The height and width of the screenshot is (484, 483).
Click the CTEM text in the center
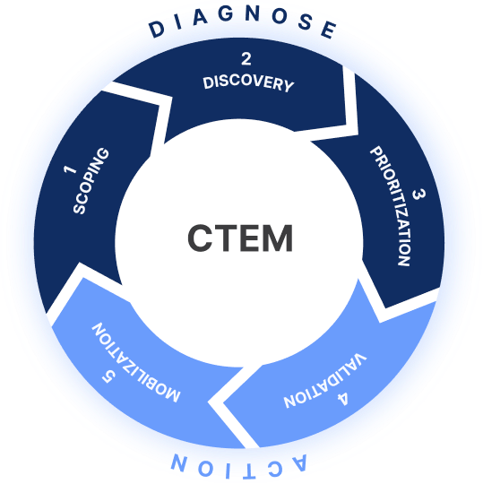coord(240,239)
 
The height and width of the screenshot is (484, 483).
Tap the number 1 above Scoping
coord(68,169)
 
